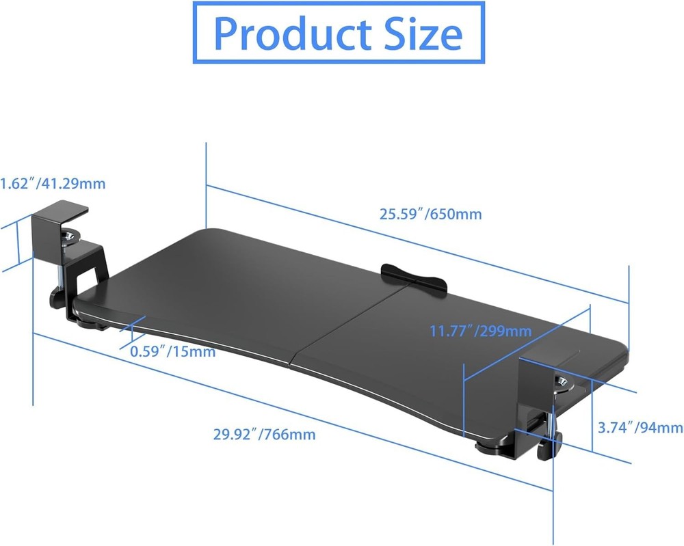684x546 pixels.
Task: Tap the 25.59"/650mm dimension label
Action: pyautogui.click(x=431, y=214)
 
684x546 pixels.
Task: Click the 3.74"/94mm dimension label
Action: pyautogui.click(x=640, y=428)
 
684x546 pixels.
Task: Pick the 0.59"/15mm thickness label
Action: pyautogui.click(x=172, y=352)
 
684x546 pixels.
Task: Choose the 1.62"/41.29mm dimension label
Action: pyautogui.click(x=53, y=184)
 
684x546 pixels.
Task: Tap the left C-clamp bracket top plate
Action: pyautogui.click(x=60, y=208)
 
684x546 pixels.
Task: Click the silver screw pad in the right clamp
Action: pyautogui.click(x=563, y=382)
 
